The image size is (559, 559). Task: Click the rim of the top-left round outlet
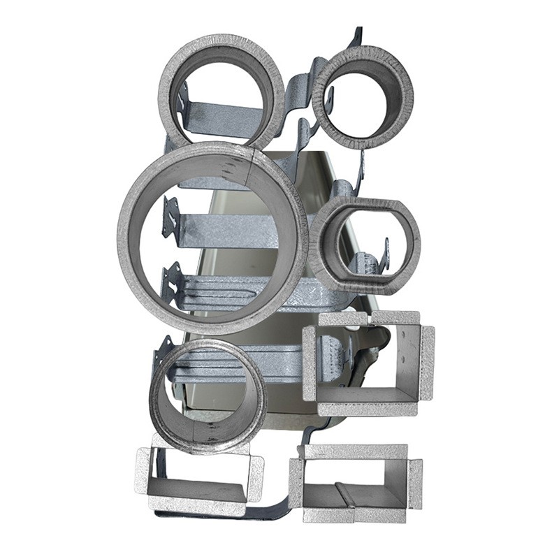(x=222, y=43)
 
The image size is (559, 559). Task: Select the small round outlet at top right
(x=363, y=97)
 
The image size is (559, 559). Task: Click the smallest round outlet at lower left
(x=208, y=395)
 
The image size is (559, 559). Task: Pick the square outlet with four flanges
(x=368, y=363)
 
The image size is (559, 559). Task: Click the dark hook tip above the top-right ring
(x=358, y=35)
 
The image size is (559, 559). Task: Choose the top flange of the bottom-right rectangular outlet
(x=356, y=451)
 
